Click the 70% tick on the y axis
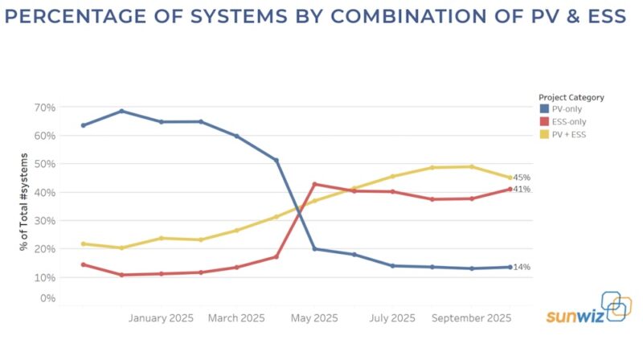(x=45, y=108)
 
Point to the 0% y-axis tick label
(x=47, y=298)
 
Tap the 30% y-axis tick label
(x=45, y=220)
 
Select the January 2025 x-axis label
(x=161, y=318)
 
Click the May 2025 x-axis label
(x=314, y=318)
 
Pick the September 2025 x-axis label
(x=472, y=318)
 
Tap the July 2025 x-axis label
(x=392, y=318)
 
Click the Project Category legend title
(x=571, y=97)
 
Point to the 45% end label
(x=522, y=178)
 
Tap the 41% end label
(x=522, y=190)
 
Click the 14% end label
(x=522, y=267)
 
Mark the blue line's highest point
(x=121, y=111)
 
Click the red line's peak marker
(x=314, y=184)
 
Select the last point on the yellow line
(x=510, y=178)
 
